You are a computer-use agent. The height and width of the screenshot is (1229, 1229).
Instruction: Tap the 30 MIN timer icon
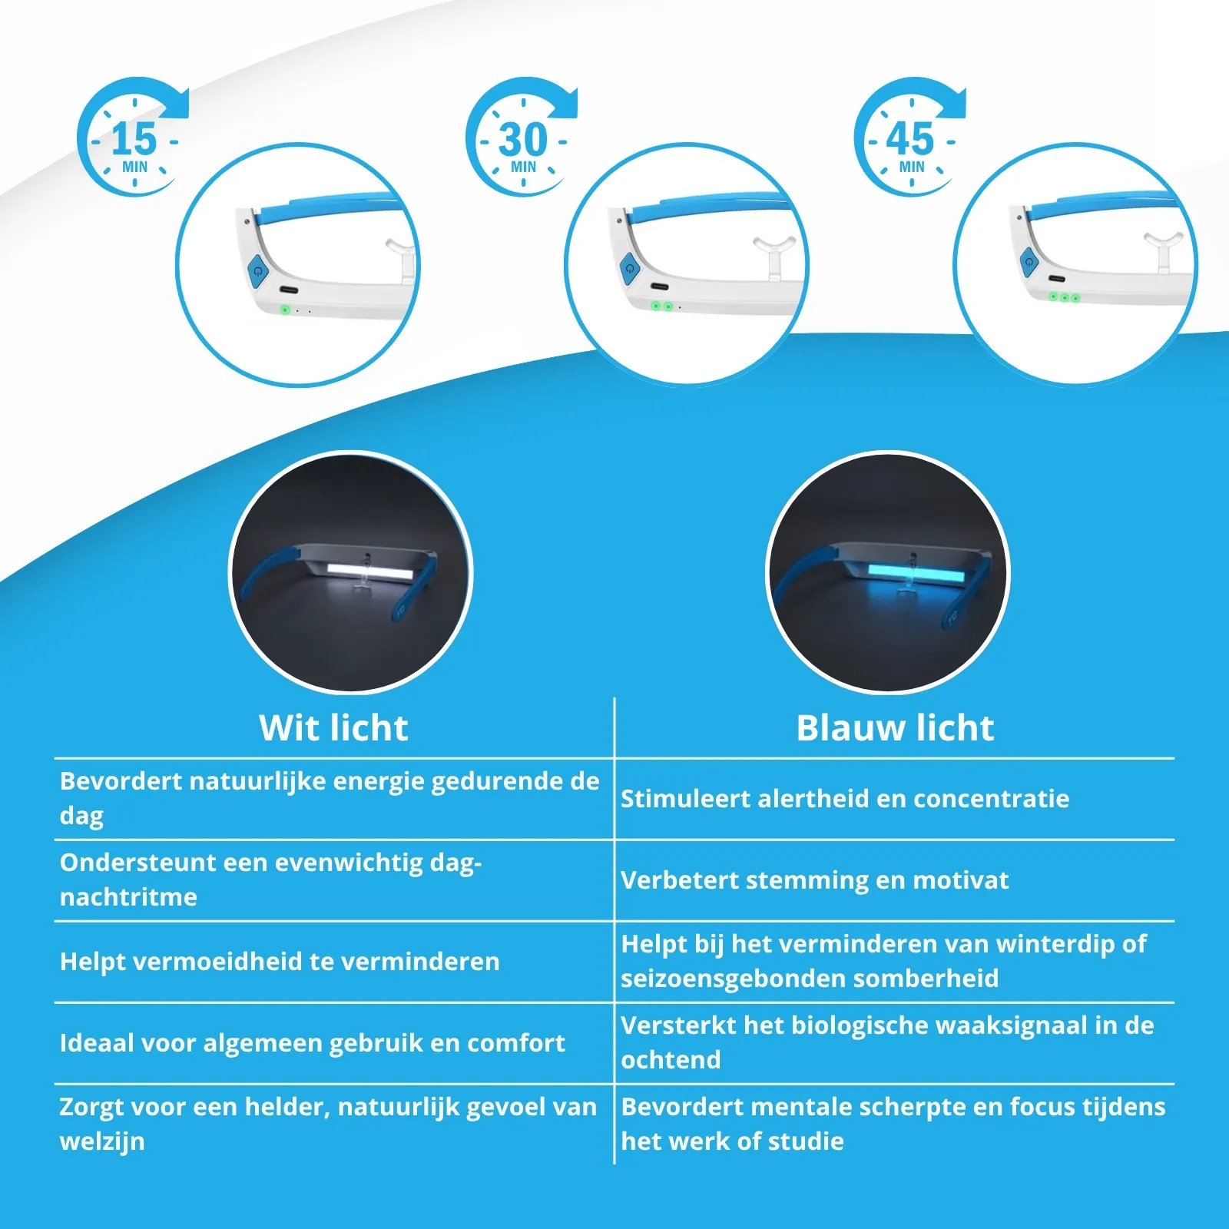click(523, 138)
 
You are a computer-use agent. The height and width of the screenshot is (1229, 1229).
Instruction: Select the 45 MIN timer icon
click(911, 138)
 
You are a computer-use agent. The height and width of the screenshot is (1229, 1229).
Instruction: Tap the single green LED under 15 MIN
click(285, 310)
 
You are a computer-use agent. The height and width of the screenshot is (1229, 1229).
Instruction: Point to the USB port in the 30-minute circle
click(659, 287)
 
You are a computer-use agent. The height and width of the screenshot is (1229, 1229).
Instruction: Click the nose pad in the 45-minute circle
click(1161, 246)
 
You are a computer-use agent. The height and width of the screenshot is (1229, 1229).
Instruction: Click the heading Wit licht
click(333, 727)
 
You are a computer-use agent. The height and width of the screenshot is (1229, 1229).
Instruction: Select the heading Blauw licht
click(895, 727)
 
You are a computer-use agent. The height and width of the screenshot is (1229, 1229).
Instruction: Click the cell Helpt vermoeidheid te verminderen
click(280, 961)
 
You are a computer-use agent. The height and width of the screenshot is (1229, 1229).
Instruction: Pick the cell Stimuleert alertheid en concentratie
click(845, 799)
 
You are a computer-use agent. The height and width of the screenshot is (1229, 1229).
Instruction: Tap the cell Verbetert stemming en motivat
click(814, 880)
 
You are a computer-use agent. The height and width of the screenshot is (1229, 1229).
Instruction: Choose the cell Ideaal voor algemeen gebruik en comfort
click(312, 1042)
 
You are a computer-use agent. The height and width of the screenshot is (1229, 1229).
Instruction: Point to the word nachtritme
click(128, 897)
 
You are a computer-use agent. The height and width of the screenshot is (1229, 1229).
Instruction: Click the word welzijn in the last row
click(102, 1141)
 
